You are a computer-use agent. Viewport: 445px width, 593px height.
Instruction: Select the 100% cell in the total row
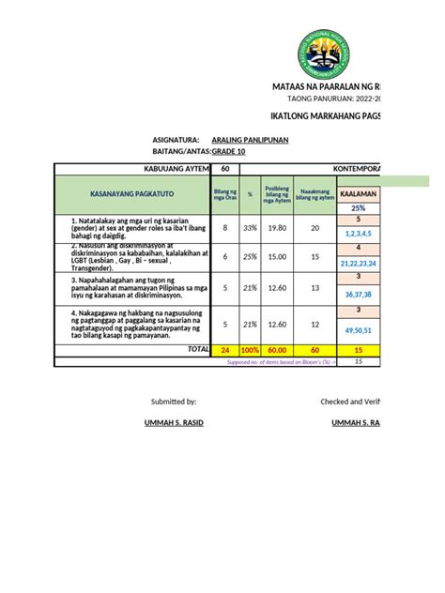[x=251, y=350]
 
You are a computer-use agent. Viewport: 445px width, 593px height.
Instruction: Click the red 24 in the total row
[x=224, y=350]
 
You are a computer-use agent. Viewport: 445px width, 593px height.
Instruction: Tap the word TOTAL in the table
[x=198, y=349]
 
